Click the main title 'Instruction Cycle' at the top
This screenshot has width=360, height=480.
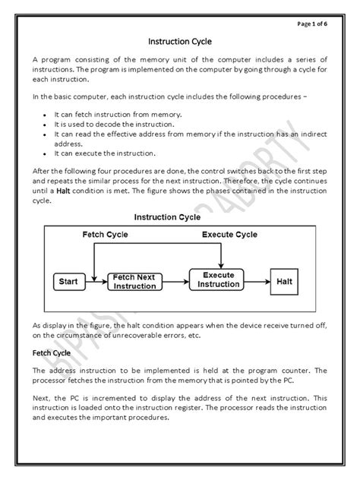tap(179, 42)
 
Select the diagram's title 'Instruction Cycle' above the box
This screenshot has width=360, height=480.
tap(167, 216)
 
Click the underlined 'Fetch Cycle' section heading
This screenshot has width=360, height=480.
tap(51, 353)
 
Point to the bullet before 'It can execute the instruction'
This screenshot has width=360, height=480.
tap(47, 153)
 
